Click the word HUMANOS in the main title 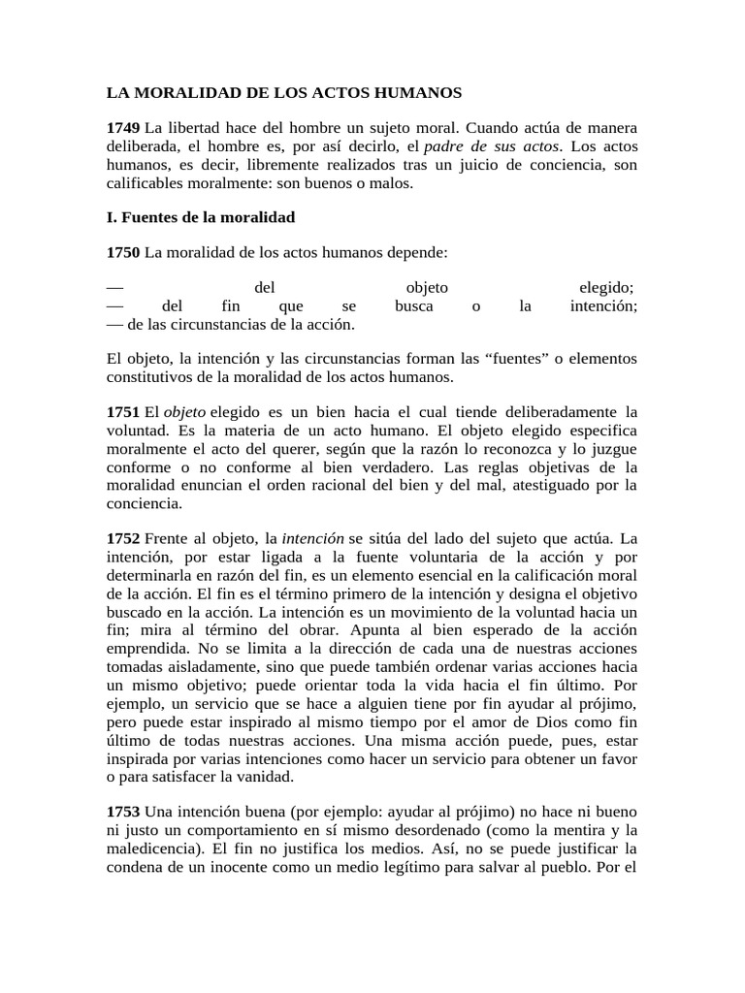point(414,94)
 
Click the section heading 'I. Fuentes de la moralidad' point(200,217)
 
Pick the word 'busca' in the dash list point(414,306)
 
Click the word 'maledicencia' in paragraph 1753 point(148,848)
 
